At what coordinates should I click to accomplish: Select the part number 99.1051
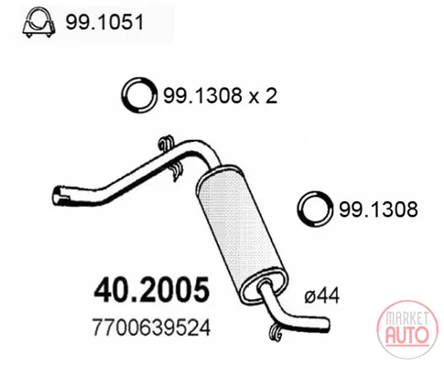coord(104,22)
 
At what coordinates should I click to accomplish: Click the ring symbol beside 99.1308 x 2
coord(139,95)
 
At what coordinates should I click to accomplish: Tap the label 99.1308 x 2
coord(221,95)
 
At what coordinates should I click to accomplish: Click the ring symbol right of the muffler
coord(315,209)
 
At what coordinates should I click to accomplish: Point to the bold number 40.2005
coord(152,289)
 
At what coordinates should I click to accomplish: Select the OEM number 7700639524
coord(151,328)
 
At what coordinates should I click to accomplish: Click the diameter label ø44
coord(322,296)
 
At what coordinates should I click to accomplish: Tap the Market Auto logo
coord(407,329)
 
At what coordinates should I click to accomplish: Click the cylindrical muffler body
coord(242,231)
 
